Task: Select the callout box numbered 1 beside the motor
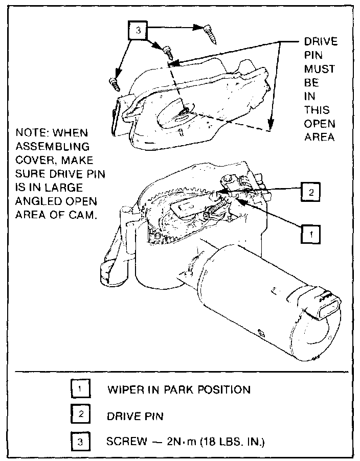(x=309, y=234)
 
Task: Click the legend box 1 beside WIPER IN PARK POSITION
(x=80, y=389)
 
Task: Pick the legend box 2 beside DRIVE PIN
(x=80, y=415)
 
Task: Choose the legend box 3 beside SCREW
(x=80, y=441)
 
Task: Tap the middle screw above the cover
(x=168, y=53)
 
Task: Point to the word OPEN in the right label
(x=320, y=124)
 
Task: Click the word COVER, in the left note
(x=37, y=162)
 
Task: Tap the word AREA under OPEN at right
(x=319, y=137)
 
